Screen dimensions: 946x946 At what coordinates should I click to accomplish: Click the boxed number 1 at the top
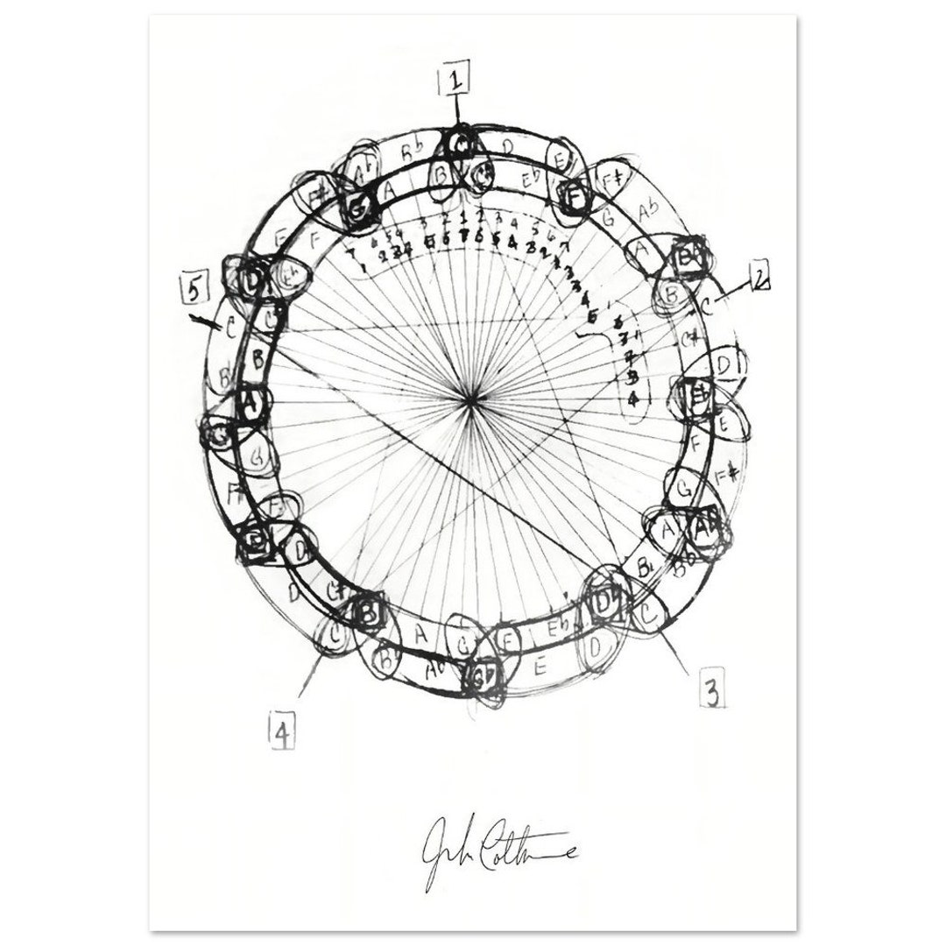455,81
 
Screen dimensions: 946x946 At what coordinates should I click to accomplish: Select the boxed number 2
761,280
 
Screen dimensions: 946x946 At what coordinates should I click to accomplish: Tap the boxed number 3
712,692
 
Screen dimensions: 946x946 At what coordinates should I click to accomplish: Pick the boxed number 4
281,734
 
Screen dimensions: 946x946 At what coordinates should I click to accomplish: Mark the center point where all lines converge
472,400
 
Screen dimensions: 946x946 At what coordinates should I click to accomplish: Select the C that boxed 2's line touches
706,306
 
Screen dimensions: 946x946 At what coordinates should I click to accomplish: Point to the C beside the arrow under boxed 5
229,329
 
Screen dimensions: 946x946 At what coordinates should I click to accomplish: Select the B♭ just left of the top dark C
410,152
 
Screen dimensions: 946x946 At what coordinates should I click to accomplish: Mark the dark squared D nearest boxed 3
604,604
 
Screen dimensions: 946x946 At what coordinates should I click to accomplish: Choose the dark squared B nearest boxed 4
368,612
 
